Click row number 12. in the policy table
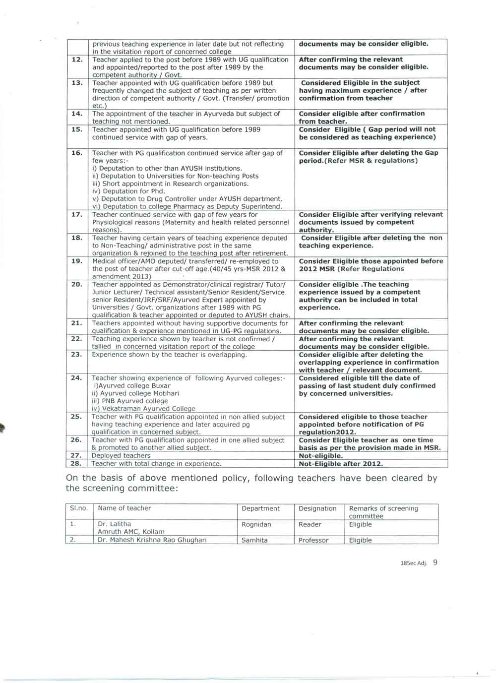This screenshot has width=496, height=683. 77,60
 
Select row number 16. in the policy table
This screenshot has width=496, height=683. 77,153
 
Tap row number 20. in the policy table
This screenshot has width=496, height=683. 77,285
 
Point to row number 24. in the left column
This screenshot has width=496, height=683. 76,378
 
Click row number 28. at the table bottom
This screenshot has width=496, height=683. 76,464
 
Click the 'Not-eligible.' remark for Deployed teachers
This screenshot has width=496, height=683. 320,456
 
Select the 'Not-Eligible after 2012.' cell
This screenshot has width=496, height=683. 341,464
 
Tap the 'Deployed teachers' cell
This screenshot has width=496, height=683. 121,456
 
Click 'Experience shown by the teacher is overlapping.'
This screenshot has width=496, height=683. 169,355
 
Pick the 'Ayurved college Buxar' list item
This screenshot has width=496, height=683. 131,386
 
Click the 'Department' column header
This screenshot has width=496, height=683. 260,508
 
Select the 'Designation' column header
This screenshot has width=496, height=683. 317,508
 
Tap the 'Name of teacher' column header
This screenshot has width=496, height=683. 124,508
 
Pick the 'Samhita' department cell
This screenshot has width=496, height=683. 254,540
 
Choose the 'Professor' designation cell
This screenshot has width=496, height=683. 313,540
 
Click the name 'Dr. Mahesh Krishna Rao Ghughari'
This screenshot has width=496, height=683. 152,540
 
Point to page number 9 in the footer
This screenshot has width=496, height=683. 435,563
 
